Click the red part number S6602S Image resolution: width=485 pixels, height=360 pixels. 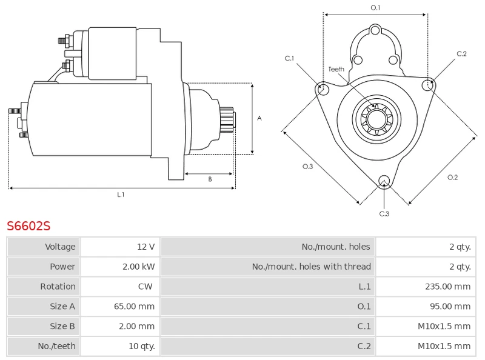tap(28, 226)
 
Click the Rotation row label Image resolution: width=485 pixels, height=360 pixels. tap(58, 287)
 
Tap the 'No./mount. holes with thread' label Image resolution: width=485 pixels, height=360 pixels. tap(311, 267)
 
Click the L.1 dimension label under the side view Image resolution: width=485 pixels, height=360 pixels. tap(121, 195)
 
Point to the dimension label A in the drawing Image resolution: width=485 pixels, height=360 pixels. tap(259, 118)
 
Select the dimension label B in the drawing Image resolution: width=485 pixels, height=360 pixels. tap(210, 179)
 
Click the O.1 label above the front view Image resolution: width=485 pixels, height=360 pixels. tap(375, 8)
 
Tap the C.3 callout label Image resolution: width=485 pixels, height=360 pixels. tap(384, 213)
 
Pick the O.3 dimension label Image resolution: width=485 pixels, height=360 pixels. tap(307, 167)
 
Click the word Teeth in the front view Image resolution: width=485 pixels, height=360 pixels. tap(336, 69)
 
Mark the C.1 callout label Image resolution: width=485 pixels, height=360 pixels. tap(290, 58)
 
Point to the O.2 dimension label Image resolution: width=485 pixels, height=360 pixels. tap(452, 177)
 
